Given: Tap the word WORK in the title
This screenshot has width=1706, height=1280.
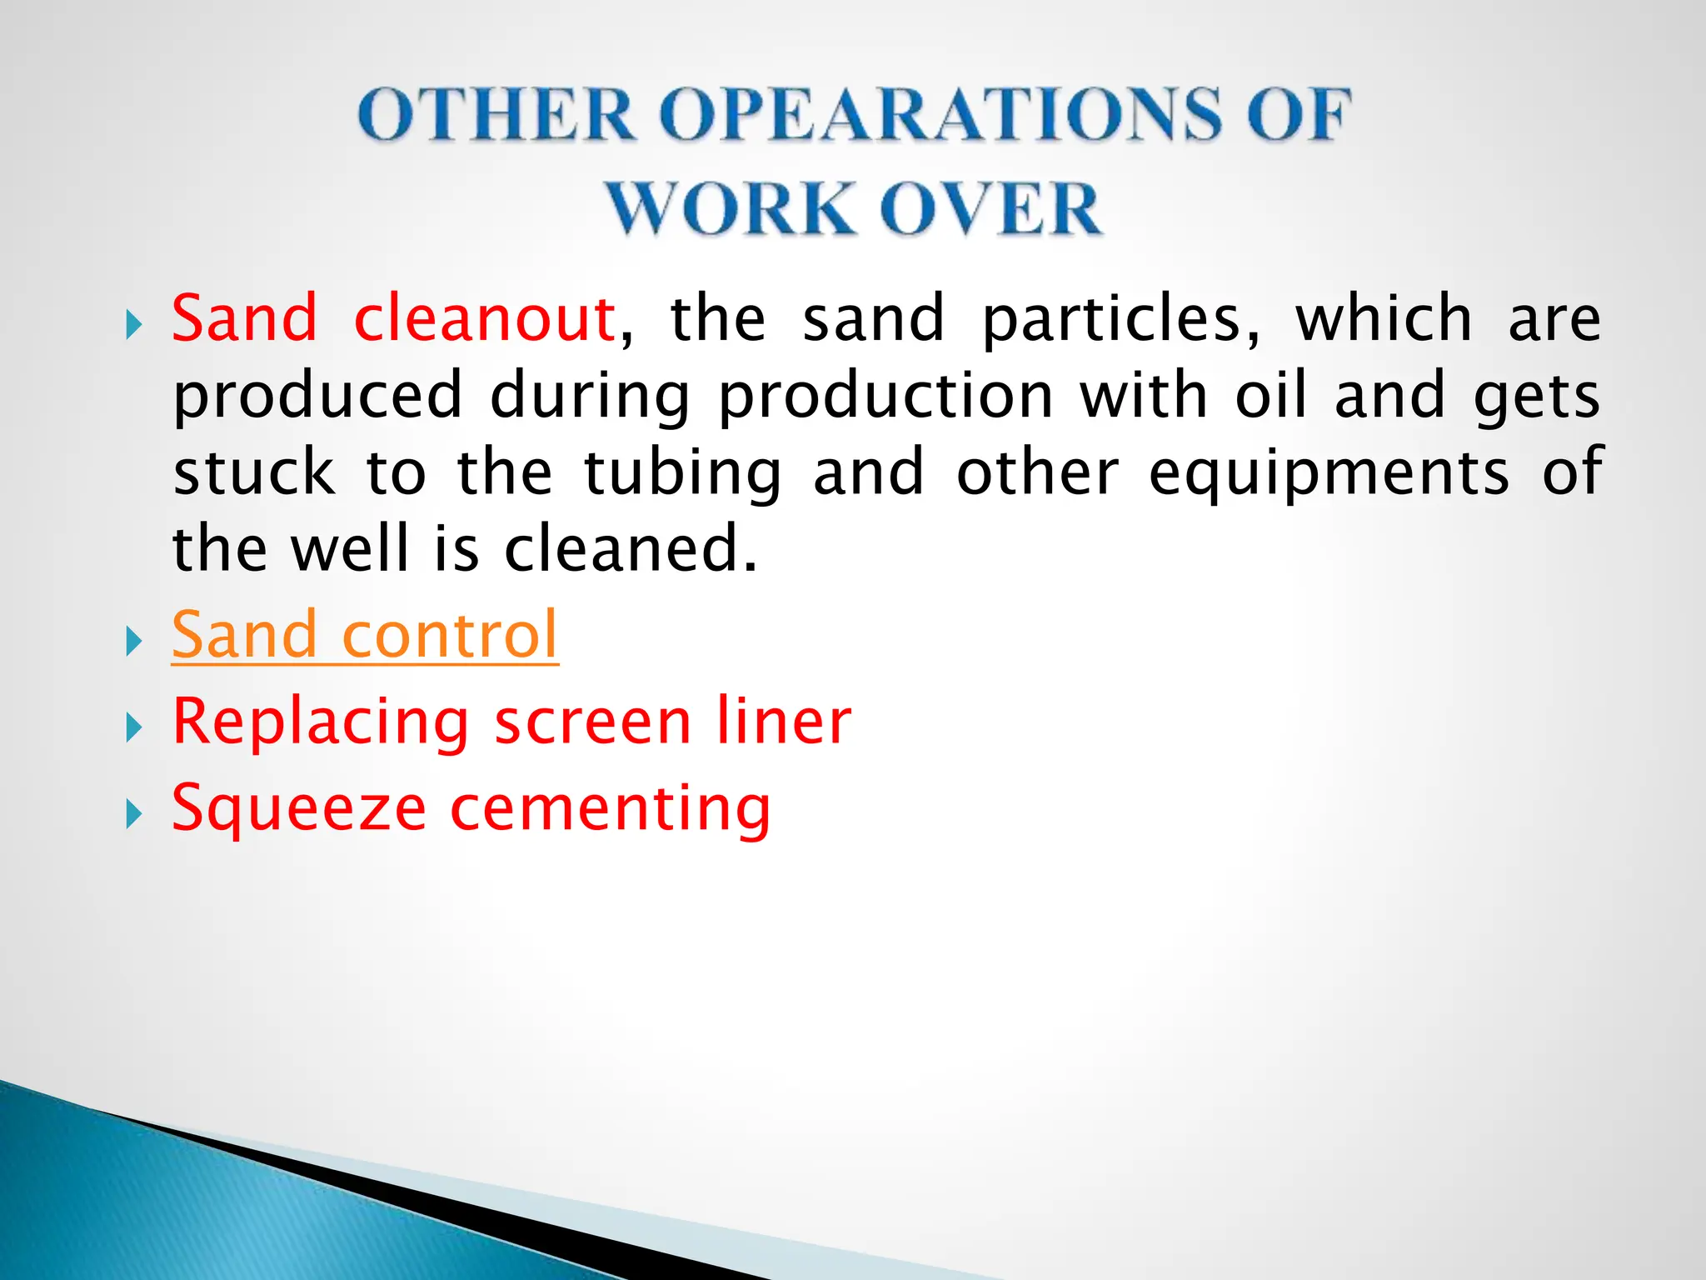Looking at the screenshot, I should pos(729,208).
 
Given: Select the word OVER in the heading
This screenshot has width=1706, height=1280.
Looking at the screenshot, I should pos(991,208).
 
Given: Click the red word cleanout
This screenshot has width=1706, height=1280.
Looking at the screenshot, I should pos(484,318).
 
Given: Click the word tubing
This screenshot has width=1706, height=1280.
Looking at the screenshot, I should pos(683,473).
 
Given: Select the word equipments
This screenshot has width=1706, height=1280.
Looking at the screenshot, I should pos(1329,473).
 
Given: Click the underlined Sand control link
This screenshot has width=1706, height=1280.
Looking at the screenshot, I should pos(365,635).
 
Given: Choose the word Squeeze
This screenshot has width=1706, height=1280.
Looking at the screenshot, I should pos(299,808).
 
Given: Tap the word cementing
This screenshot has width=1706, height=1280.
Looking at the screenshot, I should pos(611,808).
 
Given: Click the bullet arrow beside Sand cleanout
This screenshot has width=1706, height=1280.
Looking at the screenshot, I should pos(133,324).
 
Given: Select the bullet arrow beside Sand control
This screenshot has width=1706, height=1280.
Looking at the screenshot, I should pos(133,642).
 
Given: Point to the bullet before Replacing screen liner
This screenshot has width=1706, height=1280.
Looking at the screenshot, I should pos(133,727).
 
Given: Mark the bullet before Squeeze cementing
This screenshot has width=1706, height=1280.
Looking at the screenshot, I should pos(133,814).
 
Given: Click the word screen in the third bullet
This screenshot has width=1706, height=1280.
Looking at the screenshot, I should pos(593,722).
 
